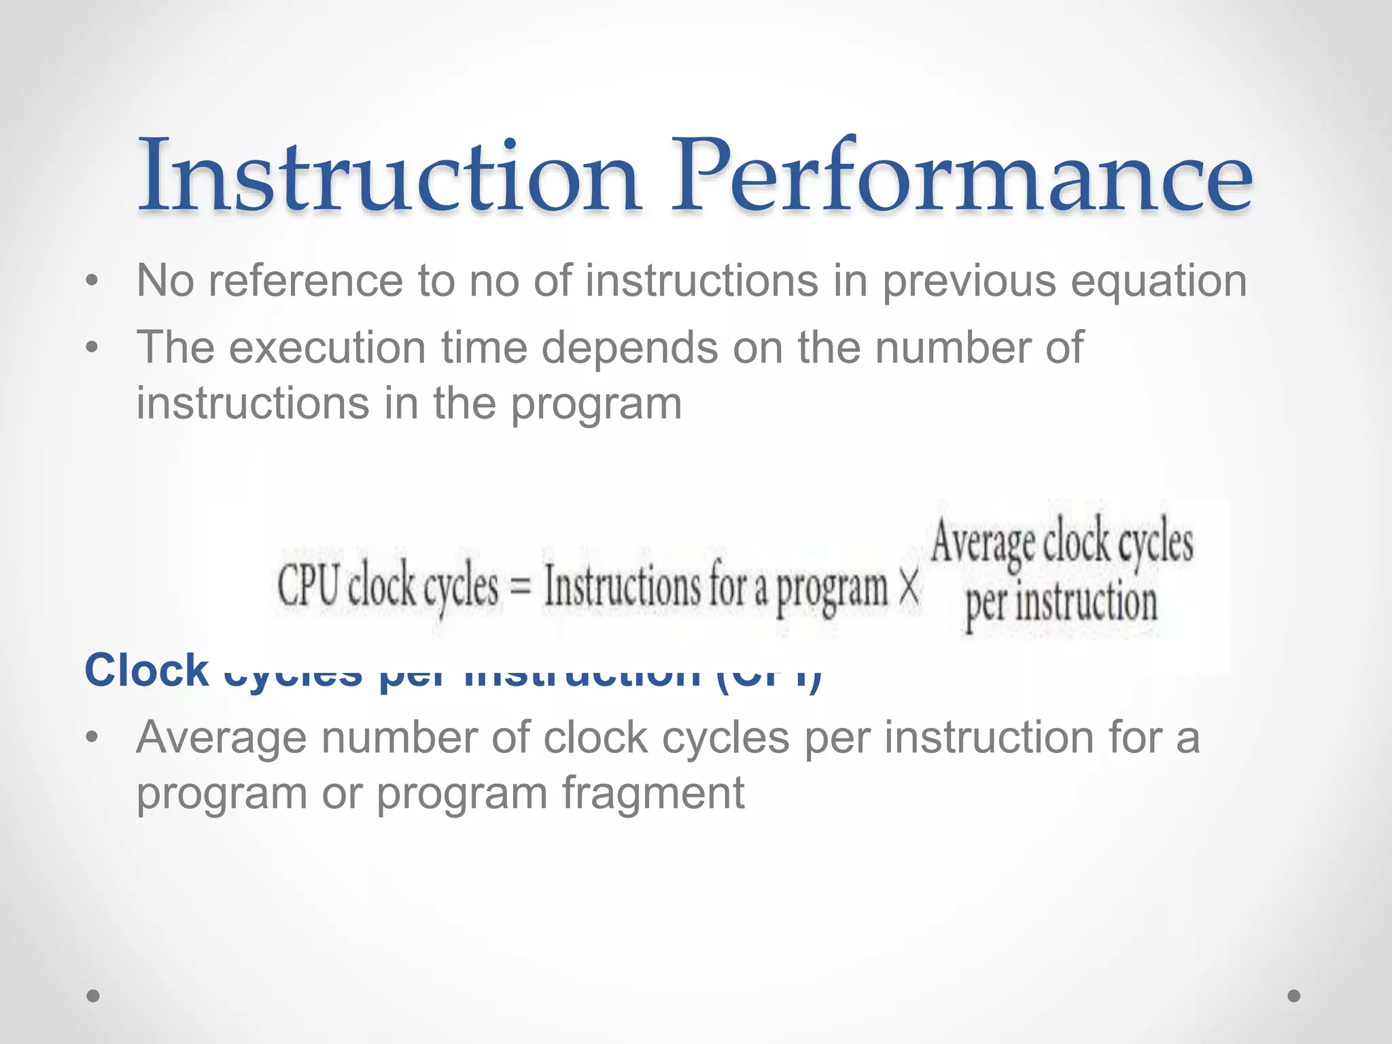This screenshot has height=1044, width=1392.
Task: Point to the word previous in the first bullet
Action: [969, 281]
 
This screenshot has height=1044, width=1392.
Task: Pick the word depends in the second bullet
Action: [629, 348]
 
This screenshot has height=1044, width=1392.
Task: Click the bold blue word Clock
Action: [146, 670]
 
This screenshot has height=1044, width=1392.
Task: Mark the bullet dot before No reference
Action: [92, 281]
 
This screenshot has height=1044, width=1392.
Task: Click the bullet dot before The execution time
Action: [92, 348]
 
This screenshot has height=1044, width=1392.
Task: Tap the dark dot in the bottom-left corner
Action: [93, 996]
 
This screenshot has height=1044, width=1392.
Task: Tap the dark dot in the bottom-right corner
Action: [1294, 996]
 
